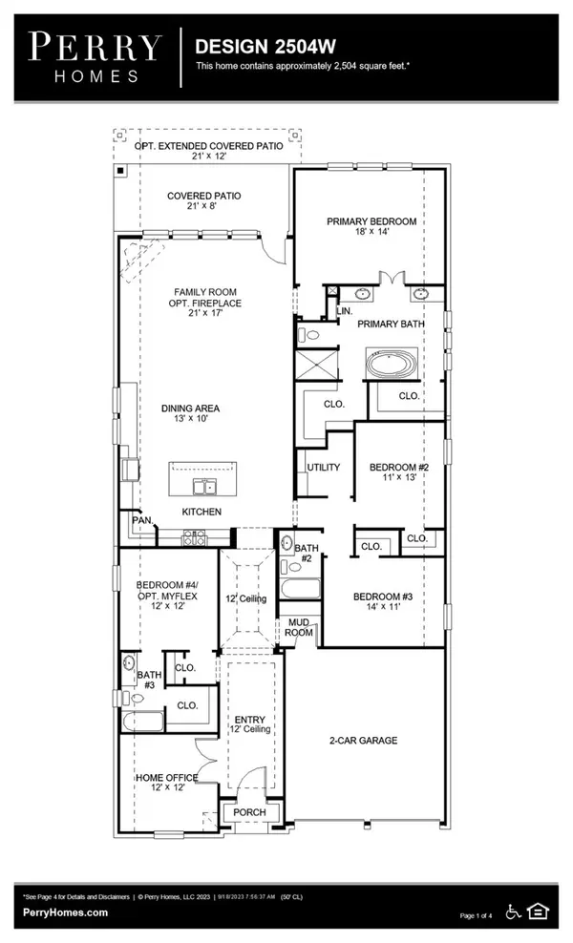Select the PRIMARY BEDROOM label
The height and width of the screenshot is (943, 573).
pyautogui.click(x=371, y=221)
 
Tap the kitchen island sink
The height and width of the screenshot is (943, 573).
pyautogui.click(x=204, y=488)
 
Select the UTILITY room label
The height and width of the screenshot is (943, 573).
pyautogui.click(x=318, y=468)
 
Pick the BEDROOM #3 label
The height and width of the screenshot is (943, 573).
pyautogui.click(x=382, y=597)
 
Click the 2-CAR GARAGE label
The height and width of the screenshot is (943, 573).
pyautogui.click(x=365, y=740)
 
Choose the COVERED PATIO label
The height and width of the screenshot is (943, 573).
pyautogui.click(x=204, y=196)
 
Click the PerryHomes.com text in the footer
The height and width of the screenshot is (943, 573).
pyautogui.click(x=64, y=912)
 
